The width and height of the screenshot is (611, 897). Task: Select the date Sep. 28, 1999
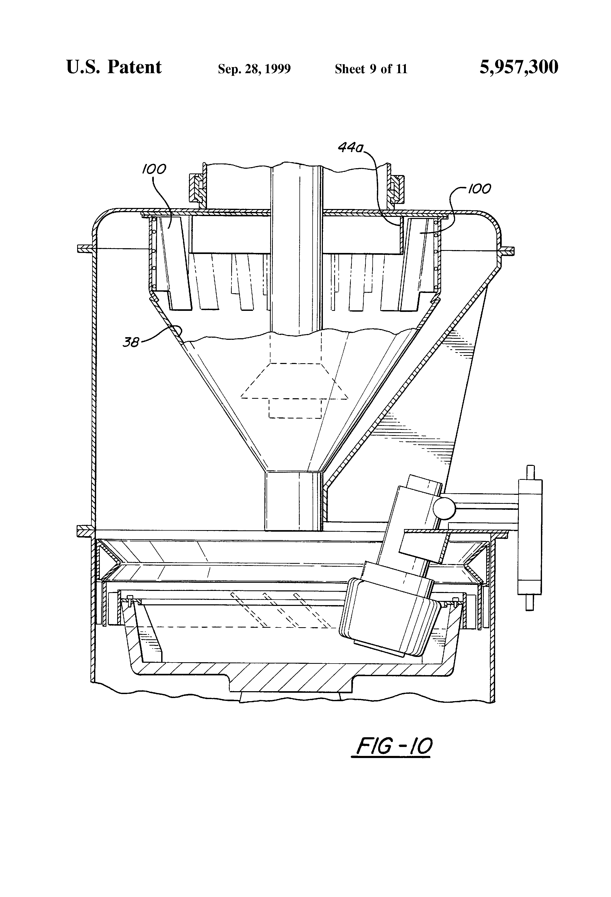pyautogui.click(x=254, y=69)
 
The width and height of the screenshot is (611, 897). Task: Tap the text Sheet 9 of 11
pyautogui.click(x=371, y=69)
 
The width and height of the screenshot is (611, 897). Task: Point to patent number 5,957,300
pyautogui.click(x=519, y=67)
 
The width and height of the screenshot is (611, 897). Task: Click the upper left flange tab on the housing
pyautogui.click(x=85, y=249)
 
